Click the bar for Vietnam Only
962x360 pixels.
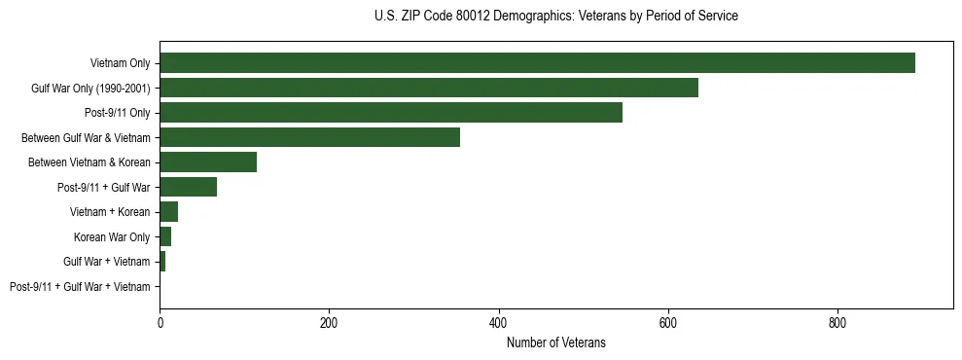tap(537, 63)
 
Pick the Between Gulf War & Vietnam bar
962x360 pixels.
tap(309, 137)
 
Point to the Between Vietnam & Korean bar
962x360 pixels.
tap(208, 162)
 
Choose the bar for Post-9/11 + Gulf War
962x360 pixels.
tap(188, 187)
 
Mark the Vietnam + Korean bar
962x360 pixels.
tap(168, 212)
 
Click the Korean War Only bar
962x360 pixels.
tap(165, 236)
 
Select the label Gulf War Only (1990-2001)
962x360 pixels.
tap(90, 89)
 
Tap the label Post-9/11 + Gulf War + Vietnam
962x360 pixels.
tap(80, 287)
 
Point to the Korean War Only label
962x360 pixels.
tap(112, 237)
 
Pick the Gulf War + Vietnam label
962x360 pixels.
tap(106, 262)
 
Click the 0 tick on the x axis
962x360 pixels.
tap(160, 323)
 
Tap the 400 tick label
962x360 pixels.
tap(498, 323)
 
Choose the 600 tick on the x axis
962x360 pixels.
tap(667, 323)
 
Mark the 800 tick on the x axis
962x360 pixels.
tap(837, 323)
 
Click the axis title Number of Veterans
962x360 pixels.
tap(555, 342)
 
